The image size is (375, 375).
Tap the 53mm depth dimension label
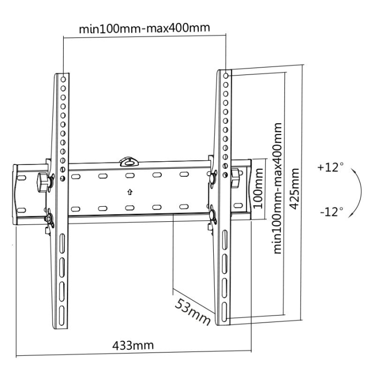pyautogui.click(x=192, y=310)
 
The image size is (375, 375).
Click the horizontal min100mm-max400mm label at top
pyautogui.click(x=144, y=28)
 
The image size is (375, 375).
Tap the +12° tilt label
pyautogui.click(x=329, y=167)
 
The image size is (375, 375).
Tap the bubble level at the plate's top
pyautogui.click(x=129, y=160)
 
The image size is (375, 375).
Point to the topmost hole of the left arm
pyautogui.click(x=63, y=78)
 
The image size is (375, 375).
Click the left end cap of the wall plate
pyautogui.click(x=17, y=195)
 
